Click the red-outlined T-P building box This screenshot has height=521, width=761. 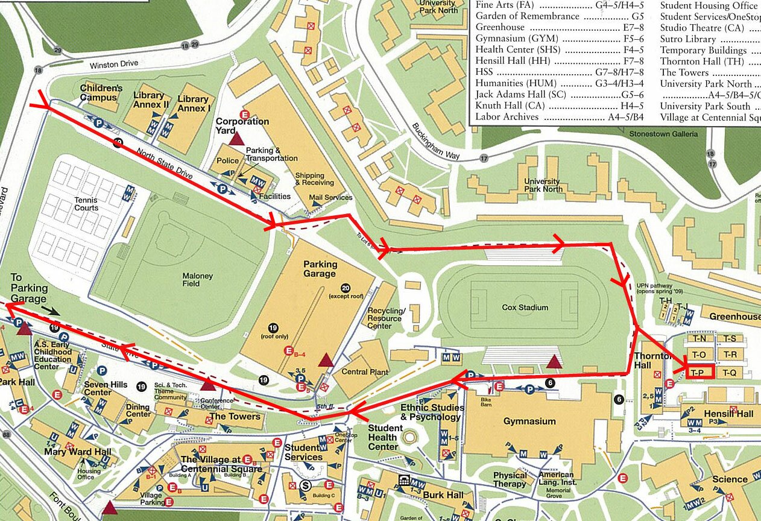click(699, 372)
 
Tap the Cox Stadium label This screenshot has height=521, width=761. click(525, 308)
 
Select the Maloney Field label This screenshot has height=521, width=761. click(198, 280)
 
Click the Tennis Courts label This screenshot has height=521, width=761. click(86, 204)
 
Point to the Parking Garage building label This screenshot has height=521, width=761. click(320, 269)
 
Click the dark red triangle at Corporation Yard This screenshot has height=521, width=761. click(236, 139)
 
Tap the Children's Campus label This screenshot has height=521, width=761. click(101, 92)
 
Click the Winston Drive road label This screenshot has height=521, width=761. click(114, 64)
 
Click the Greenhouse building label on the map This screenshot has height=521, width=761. click(734, 317)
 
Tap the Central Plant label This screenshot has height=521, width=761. click(363, 371)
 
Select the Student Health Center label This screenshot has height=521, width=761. click(383, 437)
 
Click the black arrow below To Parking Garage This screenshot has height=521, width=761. click(50, 311)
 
